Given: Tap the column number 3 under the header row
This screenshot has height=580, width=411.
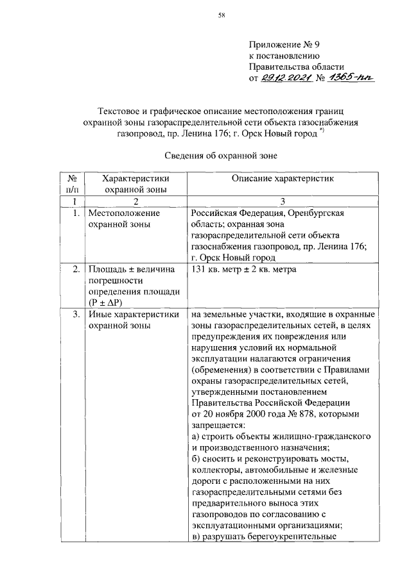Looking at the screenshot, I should coord(282,201).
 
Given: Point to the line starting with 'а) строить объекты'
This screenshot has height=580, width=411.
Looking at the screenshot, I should coord(279,436).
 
